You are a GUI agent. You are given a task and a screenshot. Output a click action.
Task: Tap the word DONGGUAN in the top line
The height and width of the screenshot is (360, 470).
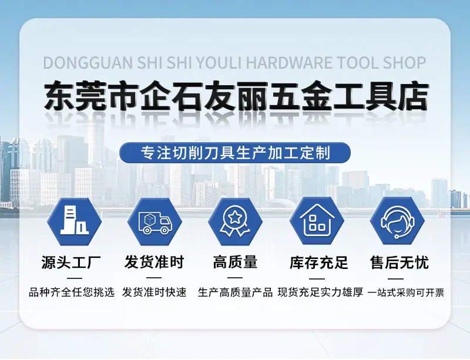pyautogui.click(x=88, y=63)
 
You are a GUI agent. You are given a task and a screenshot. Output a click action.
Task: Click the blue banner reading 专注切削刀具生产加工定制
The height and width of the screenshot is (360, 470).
pyautogui.click(x=235, y=153)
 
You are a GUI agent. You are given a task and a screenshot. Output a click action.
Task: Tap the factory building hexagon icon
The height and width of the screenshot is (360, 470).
pyautogui.click(x=75, y=222)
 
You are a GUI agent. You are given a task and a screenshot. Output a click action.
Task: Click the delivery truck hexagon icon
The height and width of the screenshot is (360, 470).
pyautogui.click(x=155, y=222)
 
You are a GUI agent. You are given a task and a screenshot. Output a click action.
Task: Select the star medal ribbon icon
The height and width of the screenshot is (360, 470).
pyautogui.click(x=236, y=222)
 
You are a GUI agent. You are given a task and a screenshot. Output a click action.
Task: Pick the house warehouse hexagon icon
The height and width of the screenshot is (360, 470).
pyautogui.click(x=317, y=222)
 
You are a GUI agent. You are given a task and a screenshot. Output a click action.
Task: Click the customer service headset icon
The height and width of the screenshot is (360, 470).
pyautogui.click(x=397, y=222)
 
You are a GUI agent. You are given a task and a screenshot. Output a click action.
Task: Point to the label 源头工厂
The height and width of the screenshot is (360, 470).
pyautogui.click(x=71, y=263)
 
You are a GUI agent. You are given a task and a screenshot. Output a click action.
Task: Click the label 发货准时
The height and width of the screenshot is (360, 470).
pyautogui.click(x=154, y=263)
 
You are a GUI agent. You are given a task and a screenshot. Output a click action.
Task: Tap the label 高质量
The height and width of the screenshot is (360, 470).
pyautogui.click(x=236, y=263)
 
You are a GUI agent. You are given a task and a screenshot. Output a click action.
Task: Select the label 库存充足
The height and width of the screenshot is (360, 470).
pyautogui.click(x=319, y=263)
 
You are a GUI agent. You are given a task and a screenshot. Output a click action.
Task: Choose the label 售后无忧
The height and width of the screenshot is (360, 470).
pyautogui.click(x=399, y=263)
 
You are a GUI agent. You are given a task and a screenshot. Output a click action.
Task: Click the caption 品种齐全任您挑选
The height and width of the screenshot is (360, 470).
pyautogui.click(x=72, y=292)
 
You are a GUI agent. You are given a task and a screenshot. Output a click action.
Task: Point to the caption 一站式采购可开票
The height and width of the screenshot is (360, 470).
pyautogui.click(x=406, y=292)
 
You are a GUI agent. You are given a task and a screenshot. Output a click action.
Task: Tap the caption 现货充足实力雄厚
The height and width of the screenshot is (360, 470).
pyautogui.click(x=320, y=292)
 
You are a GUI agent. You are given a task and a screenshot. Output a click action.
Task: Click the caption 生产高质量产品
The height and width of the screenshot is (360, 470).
pyautogui.click(x=236, y=292)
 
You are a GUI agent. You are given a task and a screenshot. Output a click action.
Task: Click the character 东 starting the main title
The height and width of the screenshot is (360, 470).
pyautogui.click(x=60, y=96)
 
